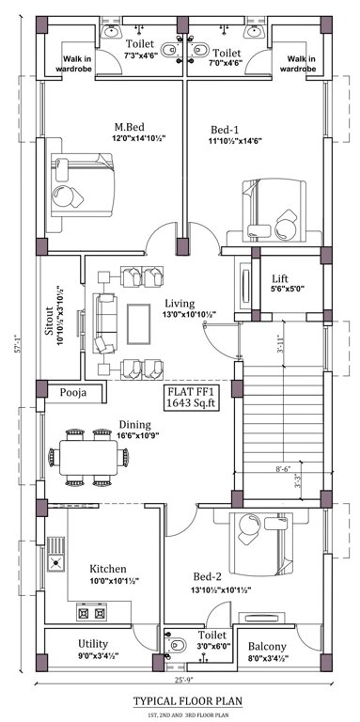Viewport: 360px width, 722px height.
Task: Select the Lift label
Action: click(x=280, y=279)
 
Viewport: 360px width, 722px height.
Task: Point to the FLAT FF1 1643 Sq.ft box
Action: click(x=192, y=397)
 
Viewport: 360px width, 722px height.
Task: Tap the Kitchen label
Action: click(x=108, y=569)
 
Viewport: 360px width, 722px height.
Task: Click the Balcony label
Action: click(x=270, y=647)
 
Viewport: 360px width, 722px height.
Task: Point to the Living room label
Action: click(x=180, y=304)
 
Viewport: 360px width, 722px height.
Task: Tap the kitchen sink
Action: click(x=56, y=563)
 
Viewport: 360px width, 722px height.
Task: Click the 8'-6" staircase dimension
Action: click(x=281, y=466)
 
